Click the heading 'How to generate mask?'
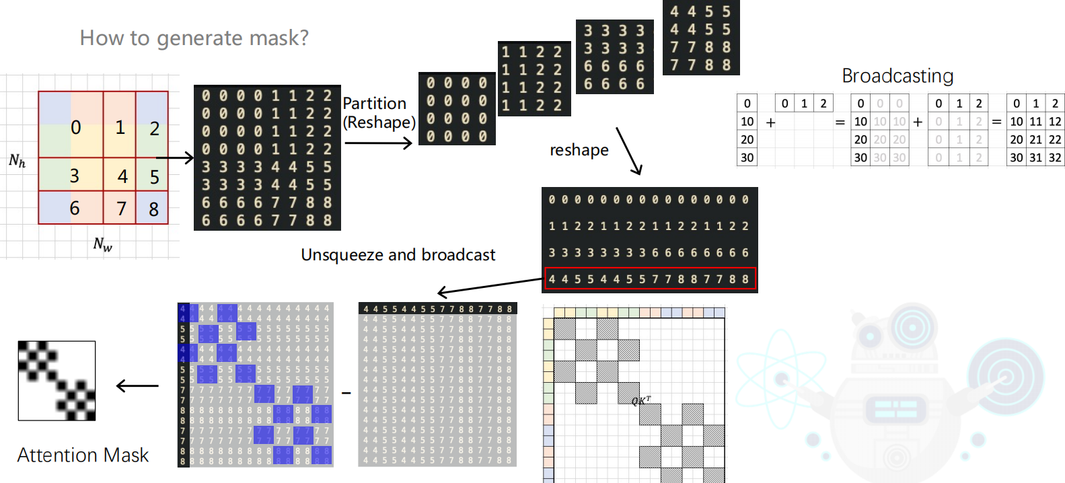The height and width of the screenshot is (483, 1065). [194, 38]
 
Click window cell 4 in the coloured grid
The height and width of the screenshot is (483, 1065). [122, 176]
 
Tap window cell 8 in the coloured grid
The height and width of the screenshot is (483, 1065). [153, 209]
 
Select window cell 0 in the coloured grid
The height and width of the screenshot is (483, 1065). [75, 127]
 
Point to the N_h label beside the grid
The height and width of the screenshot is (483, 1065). [17, 161]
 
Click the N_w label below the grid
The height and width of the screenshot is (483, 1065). [102, 244]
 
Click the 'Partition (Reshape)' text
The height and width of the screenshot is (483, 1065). [379, 112]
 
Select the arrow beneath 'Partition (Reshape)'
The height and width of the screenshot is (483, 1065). [378, 143]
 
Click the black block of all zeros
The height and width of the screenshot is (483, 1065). [457, 109]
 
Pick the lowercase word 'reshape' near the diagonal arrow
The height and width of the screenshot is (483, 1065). [579, 150]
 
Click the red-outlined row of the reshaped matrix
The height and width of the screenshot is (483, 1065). [650, 279]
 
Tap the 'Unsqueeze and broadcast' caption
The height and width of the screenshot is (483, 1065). [398, 255]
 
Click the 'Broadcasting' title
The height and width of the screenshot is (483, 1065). [897, 76]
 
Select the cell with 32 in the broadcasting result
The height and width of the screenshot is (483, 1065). [1055, 158]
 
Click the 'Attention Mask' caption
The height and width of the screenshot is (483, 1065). [83, 455]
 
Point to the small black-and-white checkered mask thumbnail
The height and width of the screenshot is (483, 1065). [57, 381]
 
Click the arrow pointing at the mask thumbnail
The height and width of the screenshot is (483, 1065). [138, 386]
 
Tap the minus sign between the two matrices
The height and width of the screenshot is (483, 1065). [346, 393]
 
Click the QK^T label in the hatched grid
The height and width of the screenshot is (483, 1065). [640, 401]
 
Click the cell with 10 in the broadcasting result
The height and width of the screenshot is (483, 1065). [1016, 122]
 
